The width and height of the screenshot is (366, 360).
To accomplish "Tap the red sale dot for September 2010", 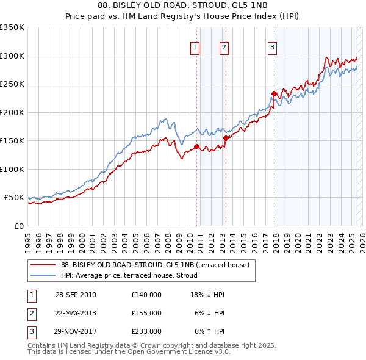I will pos(196,146).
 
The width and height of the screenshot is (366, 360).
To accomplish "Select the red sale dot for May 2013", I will pos(225,138).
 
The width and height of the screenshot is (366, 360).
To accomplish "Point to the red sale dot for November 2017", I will pos(274,94).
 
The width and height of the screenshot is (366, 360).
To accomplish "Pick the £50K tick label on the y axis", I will pos(14,198).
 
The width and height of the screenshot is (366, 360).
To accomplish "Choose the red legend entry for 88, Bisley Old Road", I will pos(155,265).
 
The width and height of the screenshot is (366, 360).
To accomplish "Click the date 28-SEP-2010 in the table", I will pos(76,295).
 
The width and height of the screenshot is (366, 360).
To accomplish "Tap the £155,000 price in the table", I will pos(146,313).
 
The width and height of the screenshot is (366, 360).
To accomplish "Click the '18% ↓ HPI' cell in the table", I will pos(207,295).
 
